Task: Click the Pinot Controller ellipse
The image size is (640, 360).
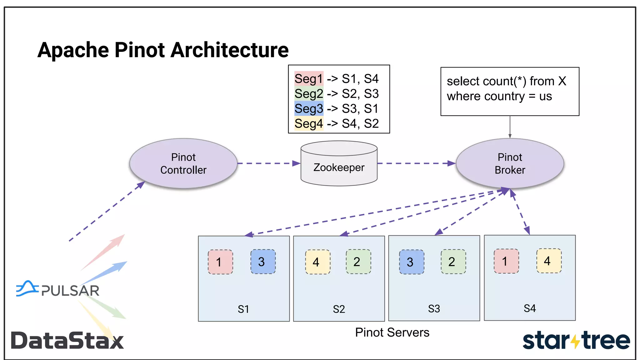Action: pyautogui.click(x=183, y=163)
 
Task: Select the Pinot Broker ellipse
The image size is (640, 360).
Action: pyautogui.click(x=510, y=163)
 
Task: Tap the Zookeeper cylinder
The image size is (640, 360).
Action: pyautogui.click(x=339, y=167)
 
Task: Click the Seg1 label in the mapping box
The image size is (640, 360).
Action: pyautogui.click(x=309, y=79)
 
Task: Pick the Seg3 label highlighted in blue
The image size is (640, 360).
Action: pyautogui.click(x=309, y=109)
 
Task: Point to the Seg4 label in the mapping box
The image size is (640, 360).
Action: pyautogui.click(x=309, y=124)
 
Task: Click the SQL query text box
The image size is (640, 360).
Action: pyautogui.click(x=509, y=91)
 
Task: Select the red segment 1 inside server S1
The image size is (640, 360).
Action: pyautogui.click(x=220, y=262)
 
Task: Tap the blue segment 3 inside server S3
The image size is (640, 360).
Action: pyautogui.click(x=412, y=262)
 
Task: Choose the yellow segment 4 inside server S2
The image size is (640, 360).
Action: pyautogui.click(x=317, y=262)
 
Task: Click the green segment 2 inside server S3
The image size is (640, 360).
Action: pyautogui.click(x=453, y=262)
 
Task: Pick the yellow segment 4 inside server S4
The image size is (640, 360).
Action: pyautogui.click(x=549, y=261)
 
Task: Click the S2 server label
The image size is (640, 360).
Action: pyautogui.click(x=339, y=309)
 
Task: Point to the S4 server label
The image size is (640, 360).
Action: pyautogui.click(x=530, y=308)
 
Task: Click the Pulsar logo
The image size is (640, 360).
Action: pyautogui.click(x=58, y=289)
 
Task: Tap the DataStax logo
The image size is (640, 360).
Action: pyautogui.click(x=67, y=341)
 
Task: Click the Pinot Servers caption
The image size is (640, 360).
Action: pyautogui.click(x=392, y=332)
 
